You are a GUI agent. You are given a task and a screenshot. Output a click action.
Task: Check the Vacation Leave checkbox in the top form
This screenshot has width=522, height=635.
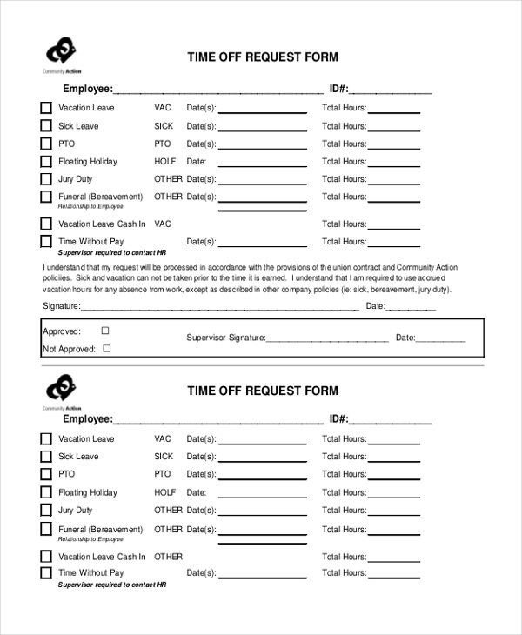[46, 109]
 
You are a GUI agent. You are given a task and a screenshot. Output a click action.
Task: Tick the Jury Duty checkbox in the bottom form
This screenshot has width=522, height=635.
[46, 511]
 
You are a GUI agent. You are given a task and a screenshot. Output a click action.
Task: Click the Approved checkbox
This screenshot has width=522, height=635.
[105, 331]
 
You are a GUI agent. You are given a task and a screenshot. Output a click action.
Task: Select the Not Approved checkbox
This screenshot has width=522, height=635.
[107, 348]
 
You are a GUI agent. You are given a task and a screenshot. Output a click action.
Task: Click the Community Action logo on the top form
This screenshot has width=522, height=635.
[62, 54]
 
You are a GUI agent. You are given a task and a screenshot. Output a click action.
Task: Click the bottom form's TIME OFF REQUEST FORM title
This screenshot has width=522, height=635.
[263, 391]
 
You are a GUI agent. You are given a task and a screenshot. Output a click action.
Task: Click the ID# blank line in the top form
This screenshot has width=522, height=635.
[391, 90]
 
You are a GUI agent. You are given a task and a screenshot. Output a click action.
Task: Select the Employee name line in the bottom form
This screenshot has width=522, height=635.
[218, 421]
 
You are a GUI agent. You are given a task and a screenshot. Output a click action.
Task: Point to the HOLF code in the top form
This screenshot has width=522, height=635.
[165, 161]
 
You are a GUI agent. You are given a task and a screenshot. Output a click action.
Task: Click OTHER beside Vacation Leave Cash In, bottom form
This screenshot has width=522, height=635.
[169, 556]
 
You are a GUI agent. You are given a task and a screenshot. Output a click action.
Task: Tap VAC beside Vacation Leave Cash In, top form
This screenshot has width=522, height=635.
[163, 224]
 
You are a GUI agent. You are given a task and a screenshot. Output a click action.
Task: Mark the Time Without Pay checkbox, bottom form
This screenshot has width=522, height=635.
[46, 573]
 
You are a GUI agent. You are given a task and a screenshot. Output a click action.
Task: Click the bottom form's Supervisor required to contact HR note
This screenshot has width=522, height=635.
[111, 585]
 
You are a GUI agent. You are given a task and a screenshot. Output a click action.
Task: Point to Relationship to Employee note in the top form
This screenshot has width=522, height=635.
[90, 206]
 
